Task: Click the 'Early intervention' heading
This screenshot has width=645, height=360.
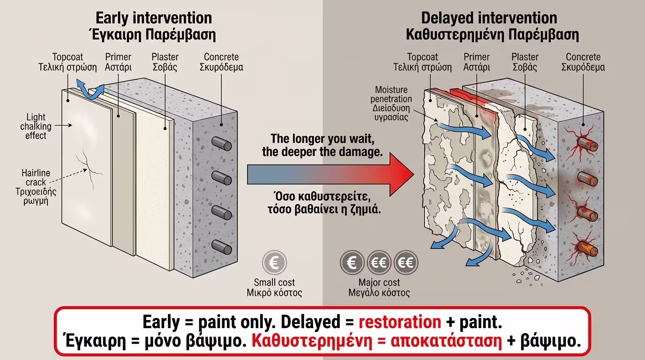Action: (x=154, y=18)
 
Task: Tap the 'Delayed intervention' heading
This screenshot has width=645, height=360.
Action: (x=489, y=18)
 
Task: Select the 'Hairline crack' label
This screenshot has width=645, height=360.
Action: (x=36, y=178)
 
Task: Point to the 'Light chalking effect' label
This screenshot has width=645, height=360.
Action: (x=36, y=126)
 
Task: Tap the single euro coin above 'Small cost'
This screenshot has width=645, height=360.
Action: (x=274, y=262)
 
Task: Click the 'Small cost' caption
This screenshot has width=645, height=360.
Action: (x=274, y=282)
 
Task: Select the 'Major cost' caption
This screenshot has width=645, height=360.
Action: (x=379, y=282)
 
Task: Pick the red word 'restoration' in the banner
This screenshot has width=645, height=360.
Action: (x=400, y=322)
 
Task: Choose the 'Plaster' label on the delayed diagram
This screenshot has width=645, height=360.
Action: (x=525, y=57)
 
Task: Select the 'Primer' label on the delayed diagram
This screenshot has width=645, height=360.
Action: (x=476, y=57)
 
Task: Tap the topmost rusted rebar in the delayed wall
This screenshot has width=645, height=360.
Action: (x=586, y=143)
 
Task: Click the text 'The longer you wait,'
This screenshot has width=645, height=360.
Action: (x=323, y=139)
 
